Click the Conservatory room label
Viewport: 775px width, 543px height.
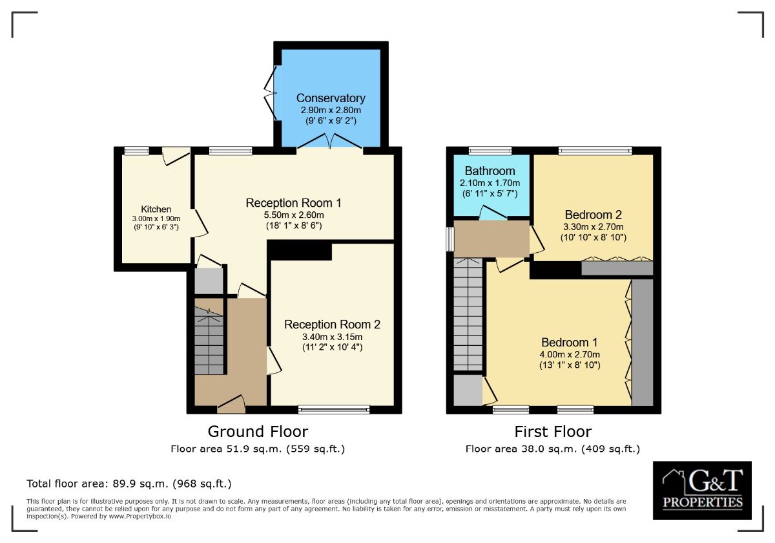click(331, 98)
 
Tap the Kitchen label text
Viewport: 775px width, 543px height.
click(156, 209)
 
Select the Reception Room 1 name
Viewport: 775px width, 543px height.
click(293, 203)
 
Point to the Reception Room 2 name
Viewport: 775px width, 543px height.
click(332, 325)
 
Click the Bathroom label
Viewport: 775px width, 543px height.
click(490, 171)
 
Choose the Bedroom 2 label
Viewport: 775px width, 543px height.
click(594, 215)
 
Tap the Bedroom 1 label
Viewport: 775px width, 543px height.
click(570, 342)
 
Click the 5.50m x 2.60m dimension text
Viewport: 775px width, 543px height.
click(294, 215)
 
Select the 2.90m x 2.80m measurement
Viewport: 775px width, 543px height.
click(331, 111)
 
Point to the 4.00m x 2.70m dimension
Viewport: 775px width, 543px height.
click(570, 355)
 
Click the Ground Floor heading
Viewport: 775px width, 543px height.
click(258, 432)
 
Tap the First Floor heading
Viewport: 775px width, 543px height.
click(553, 432)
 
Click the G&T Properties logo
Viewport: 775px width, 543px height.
click(702, 490)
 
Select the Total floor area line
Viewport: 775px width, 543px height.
click(129, 484)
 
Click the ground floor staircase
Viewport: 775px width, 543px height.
click(209, 341)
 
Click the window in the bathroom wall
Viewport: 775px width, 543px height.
click(490, 150)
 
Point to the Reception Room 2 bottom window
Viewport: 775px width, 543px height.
click(334, 410)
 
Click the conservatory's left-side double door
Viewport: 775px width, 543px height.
click(271, 93)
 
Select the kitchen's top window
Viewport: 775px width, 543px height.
click(136, 150)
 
